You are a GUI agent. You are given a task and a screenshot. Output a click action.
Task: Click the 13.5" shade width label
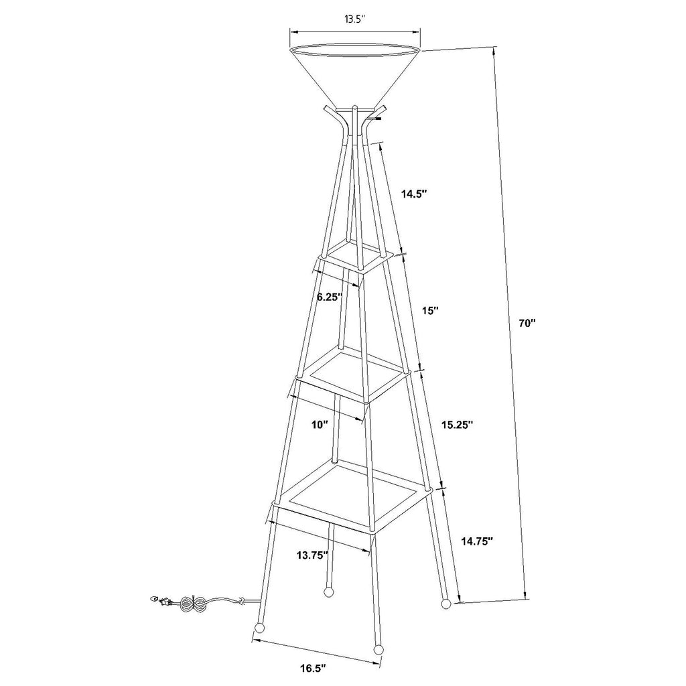pos(354,19)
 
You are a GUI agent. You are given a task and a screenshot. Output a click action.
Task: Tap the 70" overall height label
pos(527,324)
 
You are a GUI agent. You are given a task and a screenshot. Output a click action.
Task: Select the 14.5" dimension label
pos(414,194)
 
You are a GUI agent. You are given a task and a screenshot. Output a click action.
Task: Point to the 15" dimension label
pos(430,311)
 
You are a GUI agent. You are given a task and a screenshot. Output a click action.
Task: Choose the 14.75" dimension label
pos(477,541)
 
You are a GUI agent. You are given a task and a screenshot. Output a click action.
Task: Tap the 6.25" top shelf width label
pos(330,297)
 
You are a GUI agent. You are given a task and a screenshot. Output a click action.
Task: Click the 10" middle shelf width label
pos(320,424)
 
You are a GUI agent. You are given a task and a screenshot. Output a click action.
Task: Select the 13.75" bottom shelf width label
pos(312,555)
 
